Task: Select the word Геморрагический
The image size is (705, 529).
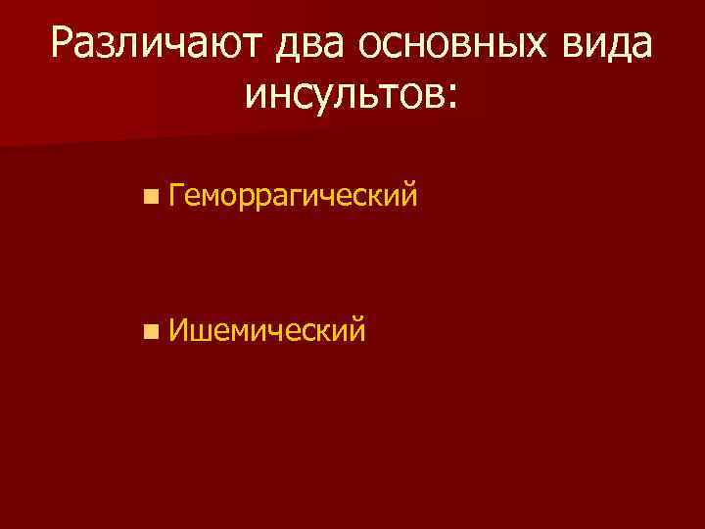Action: pyautogui.click(x=293, y=196)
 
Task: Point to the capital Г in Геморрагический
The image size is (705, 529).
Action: pyautogui.click(x=176, y=194)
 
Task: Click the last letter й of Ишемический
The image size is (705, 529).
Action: pyautogui.click(x=358, y=329)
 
